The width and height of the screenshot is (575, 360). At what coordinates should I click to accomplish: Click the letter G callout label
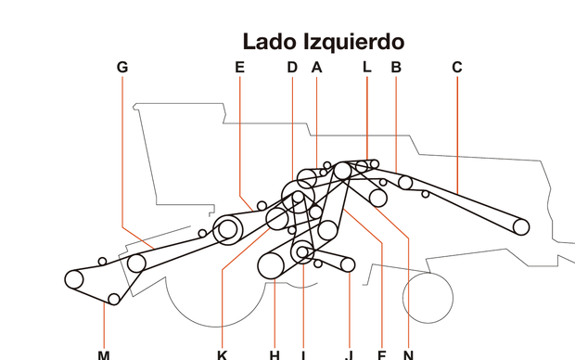coord(122,67)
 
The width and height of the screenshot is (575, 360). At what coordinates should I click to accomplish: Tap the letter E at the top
coord(239,67)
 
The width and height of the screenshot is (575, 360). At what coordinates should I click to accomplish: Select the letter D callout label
coord(291,67)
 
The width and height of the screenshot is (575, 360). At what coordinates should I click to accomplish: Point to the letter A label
coord(316,67)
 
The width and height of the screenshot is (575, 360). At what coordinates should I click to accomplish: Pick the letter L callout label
coord(366,67)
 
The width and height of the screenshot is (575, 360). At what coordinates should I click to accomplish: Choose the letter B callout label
coord(396,67)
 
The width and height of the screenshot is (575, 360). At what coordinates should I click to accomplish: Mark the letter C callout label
coord(456,67)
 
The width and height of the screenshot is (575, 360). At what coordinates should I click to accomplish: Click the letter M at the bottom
coord(104,354)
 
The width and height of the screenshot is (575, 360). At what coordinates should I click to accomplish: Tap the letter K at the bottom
coord(222,354)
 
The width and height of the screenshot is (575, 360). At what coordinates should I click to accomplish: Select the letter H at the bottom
coord(275,354)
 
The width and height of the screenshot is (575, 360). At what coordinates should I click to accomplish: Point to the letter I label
coord(303,354)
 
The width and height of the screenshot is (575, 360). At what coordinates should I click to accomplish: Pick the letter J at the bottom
coord(350,354)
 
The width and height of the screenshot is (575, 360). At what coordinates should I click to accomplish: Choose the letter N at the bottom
coord(408,354)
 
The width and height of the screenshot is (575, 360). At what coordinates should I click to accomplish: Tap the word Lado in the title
coord(268,42)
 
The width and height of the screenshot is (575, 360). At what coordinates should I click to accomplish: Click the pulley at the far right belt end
coord(520,225)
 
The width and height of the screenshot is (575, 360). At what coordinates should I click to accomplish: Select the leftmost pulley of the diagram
coord(74,278)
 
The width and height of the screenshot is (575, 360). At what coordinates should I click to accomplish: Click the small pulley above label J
coord(348,264)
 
